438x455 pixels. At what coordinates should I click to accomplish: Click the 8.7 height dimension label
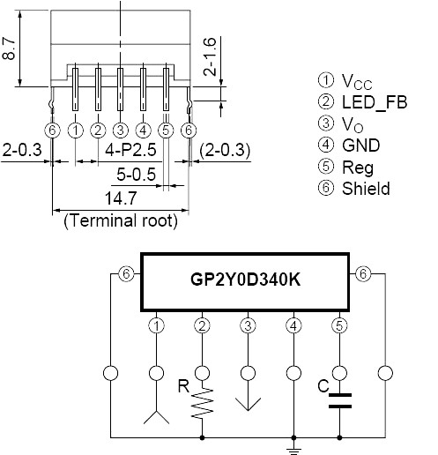coord(9,48)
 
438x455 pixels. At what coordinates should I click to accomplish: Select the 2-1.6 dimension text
coord(210,56)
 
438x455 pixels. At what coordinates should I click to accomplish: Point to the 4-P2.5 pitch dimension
coord(130,150)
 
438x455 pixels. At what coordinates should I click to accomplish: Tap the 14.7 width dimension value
coord(121,198)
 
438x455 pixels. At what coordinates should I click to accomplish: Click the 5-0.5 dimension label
coord(136,174)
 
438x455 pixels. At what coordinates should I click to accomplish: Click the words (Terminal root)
coord(121,220)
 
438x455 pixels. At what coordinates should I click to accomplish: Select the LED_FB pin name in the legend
coord(375,102)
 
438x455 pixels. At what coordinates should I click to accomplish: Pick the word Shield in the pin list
coord(366,189)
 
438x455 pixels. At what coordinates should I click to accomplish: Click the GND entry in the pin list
coord(361,145)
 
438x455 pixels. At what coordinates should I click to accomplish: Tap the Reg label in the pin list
coord(358,168)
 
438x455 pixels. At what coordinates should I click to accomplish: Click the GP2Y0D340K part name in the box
coord(245,280)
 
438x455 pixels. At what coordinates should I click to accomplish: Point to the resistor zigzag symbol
coord(202,402)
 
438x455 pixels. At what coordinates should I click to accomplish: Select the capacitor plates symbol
coord(340,401)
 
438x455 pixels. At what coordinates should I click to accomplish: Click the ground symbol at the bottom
coord(293,451)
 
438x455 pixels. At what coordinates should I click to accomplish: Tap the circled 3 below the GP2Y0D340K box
coord(248,325)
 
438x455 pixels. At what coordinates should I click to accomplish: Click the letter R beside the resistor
coord(184,386)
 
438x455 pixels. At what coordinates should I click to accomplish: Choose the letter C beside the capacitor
coord(323,386)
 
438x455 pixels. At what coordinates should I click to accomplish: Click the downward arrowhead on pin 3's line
coord(248,405)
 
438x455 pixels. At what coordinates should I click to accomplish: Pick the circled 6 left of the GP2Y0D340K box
coord(126,274)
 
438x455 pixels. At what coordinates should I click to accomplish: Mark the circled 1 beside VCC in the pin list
coord(326,80)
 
